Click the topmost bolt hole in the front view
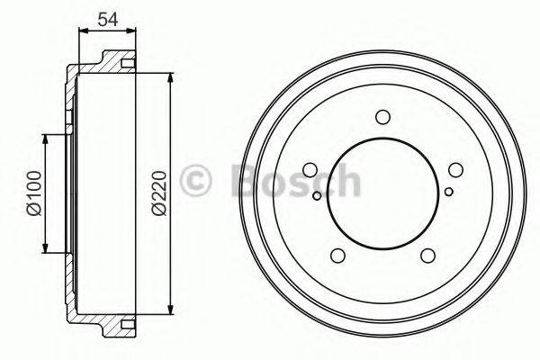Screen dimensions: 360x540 pos(382,117)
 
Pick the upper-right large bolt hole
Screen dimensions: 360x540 pos(454,171)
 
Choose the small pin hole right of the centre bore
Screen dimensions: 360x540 pos(448,191)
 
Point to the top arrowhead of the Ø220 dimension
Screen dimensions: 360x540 pos(169,76)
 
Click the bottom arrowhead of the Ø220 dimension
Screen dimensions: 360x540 pos(169,312)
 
